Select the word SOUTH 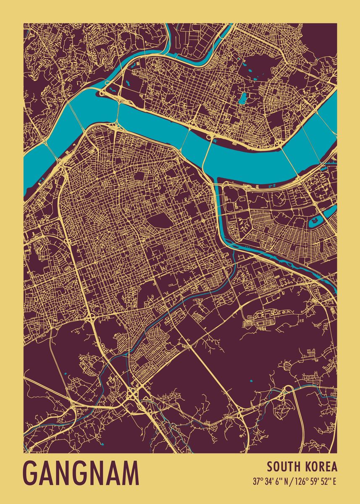tap(281, 467)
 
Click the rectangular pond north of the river tap(243, 99)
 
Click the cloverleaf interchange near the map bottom tap(134, 395)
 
